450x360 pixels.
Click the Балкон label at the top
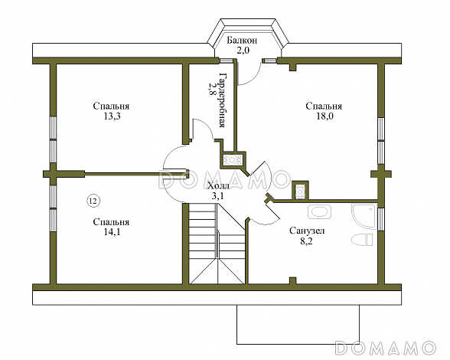(x=242, y=41)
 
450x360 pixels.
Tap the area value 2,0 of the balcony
(x=242, y=51)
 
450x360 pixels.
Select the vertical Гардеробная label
(x=223, y=100)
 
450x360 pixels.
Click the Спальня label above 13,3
(x=111, y=106)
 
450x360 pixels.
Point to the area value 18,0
(x=324, y=116)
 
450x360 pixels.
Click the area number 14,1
(x=112, y=232)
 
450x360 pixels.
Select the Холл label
(x=218, y=186)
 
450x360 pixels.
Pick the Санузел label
(x=307, y=231)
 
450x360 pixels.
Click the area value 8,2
(x=306, y=241)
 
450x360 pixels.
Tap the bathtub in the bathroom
(x=319, y=212)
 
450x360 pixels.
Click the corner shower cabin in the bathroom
(x=363, y=217)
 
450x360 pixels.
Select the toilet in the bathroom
(x=362, y=239)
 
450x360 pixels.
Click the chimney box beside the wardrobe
(x=233, y=160)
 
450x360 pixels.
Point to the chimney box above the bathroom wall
(x=300, y=190)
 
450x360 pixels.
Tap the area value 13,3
(x=112, y=116)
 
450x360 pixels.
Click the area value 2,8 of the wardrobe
(x=213, y=90)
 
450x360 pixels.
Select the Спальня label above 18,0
(x=324, y=106)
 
